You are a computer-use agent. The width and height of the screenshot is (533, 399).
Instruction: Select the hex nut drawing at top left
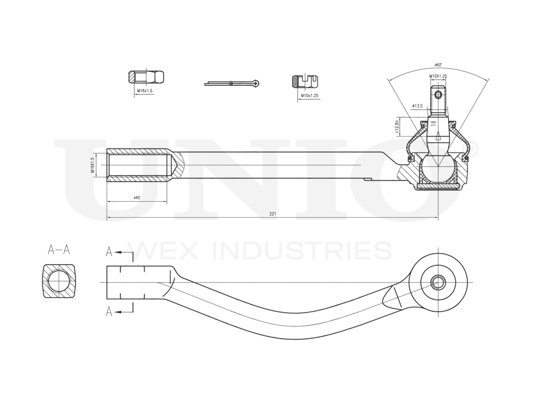145,77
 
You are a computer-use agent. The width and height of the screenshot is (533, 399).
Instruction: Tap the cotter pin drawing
232,83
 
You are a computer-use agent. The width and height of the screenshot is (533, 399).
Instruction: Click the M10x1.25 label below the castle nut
310,96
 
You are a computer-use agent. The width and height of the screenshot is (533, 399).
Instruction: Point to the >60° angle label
438,65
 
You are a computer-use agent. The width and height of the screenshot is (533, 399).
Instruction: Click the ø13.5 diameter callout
417,106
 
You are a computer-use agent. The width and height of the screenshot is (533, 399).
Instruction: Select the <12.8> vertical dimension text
397,126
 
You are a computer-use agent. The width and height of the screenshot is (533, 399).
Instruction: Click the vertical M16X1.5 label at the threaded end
92,165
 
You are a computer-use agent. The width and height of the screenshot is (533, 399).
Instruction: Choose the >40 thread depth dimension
137,198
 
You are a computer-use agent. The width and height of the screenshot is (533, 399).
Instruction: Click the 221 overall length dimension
273,213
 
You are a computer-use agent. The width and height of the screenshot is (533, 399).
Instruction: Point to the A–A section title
59,249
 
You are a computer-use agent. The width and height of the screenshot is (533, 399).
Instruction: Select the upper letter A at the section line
109,251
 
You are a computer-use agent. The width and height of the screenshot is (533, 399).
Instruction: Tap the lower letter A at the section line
109,311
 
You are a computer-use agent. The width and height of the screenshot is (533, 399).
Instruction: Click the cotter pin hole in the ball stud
438,94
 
